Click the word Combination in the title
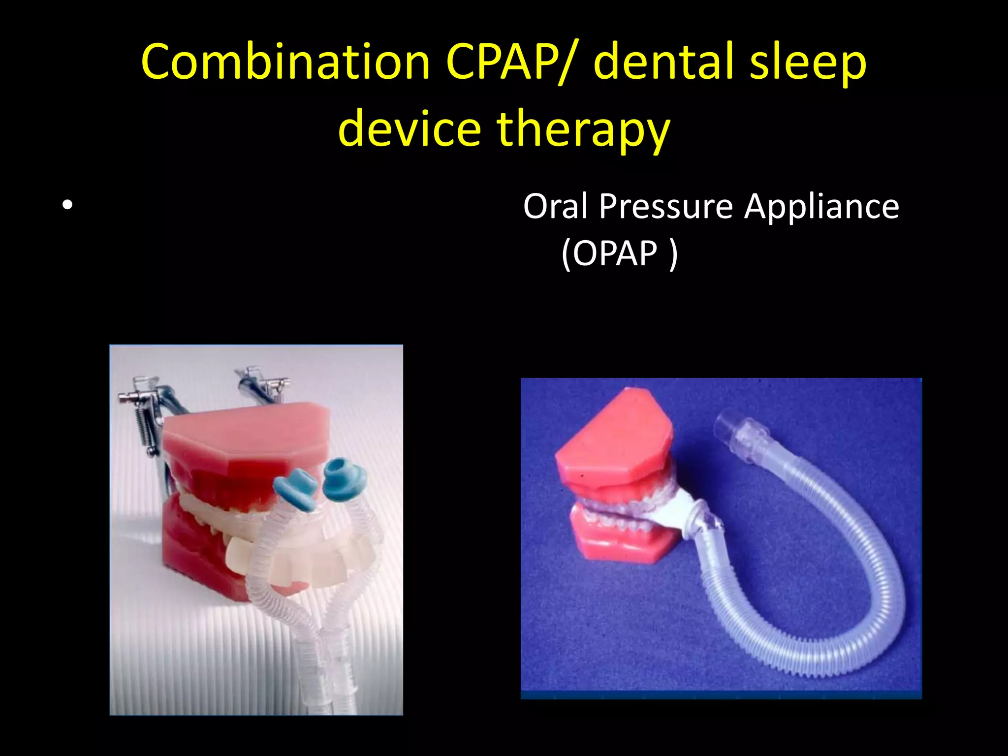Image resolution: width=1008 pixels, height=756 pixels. click(285, 62)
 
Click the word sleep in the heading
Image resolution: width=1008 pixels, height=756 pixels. click(807, 62)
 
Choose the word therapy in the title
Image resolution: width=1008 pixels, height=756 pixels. click(583, 129)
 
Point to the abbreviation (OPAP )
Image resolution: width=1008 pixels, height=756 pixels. click(619, 253)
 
